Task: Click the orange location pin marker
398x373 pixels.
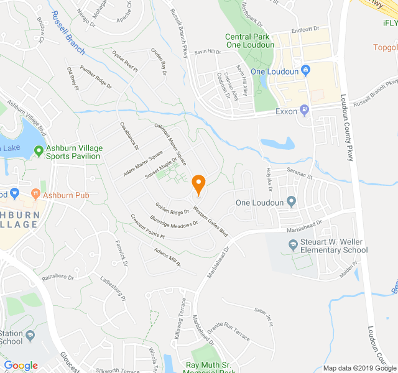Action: tap(198, 185)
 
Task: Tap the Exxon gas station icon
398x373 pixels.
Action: tap(304, 111)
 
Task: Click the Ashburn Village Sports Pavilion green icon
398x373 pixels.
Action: tap(39, 150)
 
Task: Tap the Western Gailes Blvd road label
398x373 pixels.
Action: tap(211, 221)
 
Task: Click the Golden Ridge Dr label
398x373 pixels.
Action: tap(172, 208)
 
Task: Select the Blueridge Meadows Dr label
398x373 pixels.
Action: tap(174, 221)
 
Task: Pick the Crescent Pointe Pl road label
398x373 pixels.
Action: tap(147, 228)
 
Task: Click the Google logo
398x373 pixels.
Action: tap(21, 366)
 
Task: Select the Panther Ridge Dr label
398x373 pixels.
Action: tap(96, 77)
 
